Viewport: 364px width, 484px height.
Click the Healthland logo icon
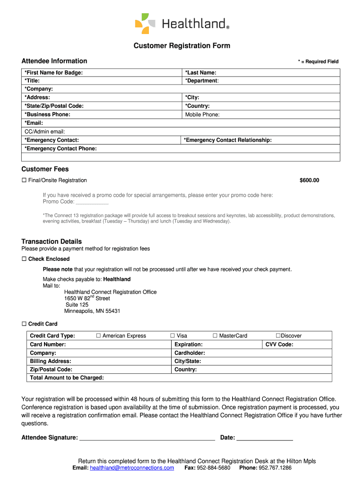pyautogui.click(x=145, y=24)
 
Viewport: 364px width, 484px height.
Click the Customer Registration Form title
pyautogui.click(x=182, y=46)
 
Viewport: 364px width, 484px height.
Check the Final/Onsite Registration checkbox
pyautogui.click(x=24, y=181)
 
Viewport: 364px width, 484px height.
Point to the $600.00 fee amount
pyautogui.click(x=309, y=181)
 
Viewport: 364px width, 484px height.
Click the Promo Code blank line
pyautogui.click(x=92, y=202)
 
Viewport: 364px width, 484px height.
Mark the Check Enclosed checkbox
pyautogui.click(x=24, y=259)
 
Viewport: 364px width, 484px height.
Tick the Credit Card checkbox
pyautogui.click(x=24, y=324)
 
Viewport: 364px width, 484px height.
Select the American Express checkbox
pyautogui.click(x=99, y=336)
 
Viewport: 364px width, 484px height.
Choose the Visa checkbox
pyautogui.click(x=173, y=336)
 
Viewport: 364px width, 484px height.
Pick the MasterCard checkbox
pyautogui.click(x=215, y=336)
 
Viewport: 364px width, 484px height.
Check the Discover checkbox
pyautogui.click(x=278, y=336)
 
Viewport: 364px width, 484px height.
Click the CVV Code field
pyautogui.click(x=312, y=345)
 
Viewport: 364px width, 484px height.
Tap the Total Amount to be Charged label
pyautogui.click(x=67, y=378)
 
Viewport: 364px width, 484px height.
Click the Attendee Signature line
pyautogui.click(x=147, y=438)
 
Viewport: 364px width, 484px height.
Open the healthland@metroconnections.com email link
pyautogui.click(x=132, y=468)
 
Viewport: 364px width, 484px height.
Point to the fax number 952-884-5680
pyautogui.click(x=214, y=468)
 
